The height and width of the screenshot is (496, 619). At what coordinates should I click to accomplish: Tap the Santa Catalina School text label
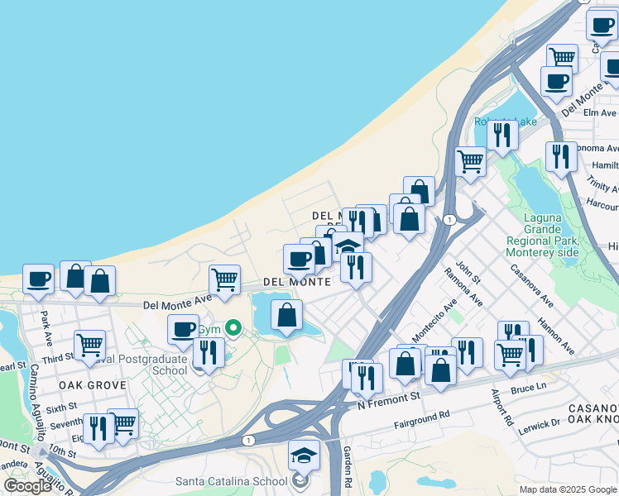pyautogui.click(x=231, y=480)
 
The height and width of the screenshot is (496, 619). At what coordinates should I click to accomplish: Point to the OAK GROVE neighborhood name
pyautogui.click(x=92, y=385)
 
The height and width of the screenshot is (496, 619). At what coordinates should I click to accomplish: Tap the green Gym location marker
pyautogui.click(x=234, y=329)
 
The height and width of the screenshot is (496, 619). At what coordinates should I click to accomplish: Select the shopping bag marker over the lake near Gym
pyautogui.click(x=286, y=316)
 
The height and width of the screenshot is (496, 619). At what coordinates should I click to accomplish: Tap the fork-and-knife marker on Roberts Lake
pyautogui.click(x=502, y=133)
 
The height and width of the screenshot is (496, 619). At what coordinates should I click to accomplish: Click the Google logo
pyautogui.click(x=27, y=486)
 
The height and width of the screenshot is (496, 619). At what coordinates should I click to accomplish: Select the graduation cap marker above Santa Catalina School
pyautogui.click(x=304, y=455)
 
